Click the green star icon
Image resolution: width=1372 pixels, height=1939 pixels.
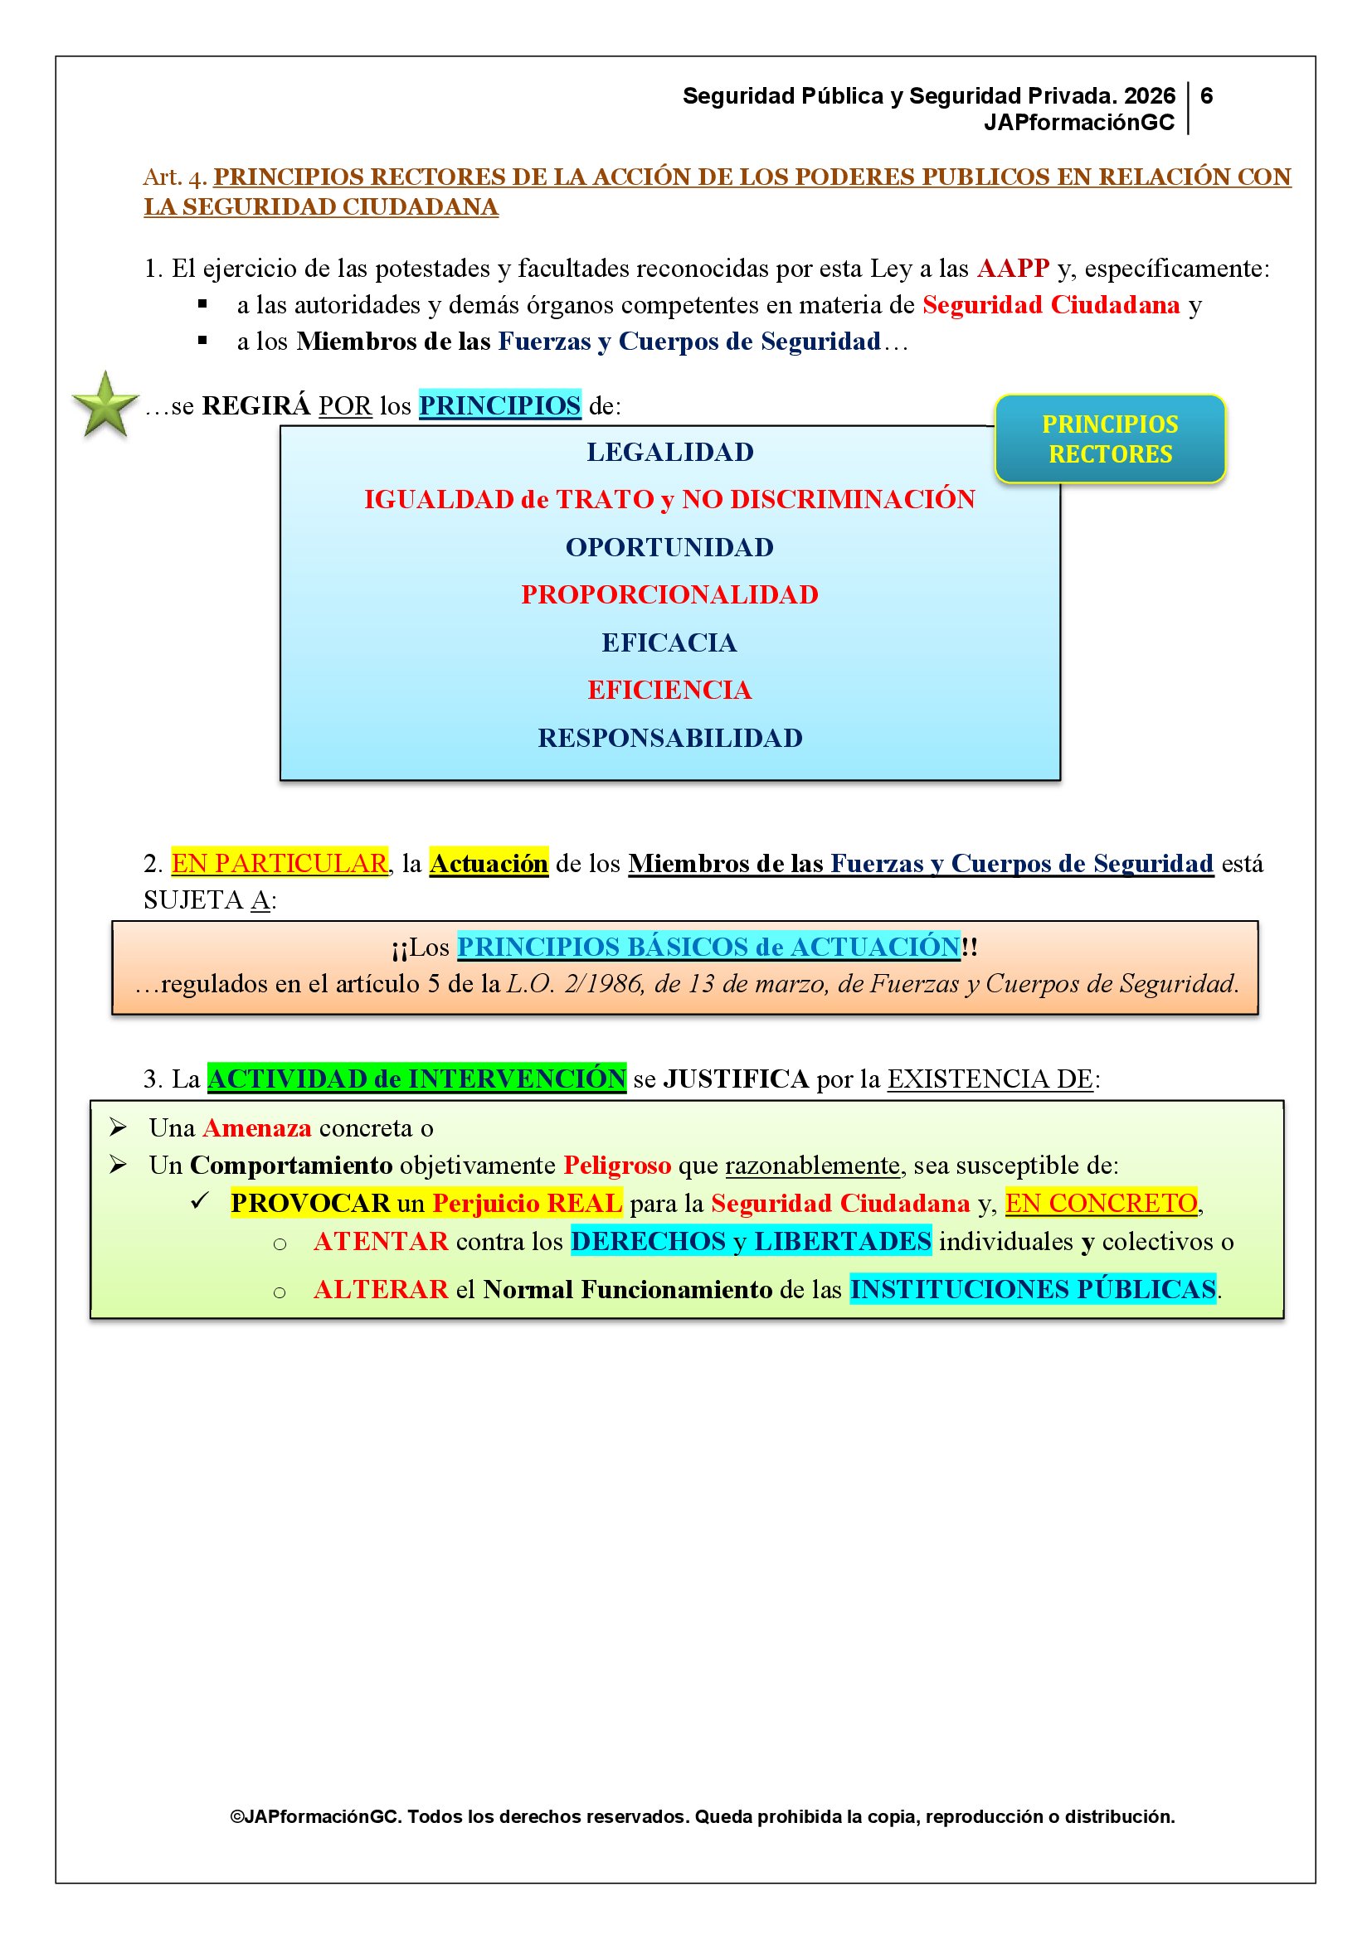point(105,405)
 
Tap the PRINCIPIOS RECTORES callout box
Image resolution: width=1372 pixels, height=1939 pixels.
point(1109,439)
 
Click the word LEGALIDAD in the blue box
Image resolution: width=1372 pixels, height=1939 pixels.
point(670,453)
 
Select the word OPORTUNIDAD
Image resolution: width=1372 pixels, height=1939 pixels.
point(669,548)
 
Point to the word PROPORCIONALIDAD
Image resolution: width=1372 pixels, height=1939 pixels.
point(669,595)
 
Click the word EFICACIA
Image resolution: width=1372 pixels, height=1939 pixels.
point(669,643)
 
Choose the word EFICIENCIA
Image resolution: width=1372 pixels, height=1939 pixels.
point(669,691)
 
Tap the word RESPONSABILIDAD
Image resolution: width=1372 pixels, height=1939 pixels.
point(670,739)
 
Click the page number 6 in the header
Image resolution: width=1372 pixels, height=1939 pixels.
point(1206,96)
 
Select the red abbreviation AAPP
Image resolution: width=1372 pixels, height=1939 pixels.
point(1013,269)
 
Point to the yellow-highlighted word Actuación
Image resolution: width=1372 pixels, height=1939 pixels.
point(489,864)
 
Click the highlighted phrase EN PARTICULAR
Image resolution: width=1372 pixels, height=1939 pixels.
point(280,864)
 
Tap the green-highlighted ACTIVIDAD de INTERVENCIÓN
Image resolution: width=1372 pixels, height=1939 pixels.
point(416,1079)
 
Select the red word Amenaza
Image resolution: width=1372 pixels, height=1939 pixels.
point(257,1128)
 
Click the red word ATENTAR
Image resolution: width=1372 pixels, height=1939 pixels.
point(380,1243)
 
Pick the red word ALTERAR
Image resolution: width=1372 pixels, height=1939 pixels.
point(380,1291)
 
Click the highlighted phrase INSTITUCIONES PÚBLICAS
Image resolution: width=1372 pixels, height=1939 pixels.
point(1033,1291)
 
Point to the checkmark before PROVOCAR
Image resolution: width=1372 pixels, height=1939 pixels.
point(200,1201)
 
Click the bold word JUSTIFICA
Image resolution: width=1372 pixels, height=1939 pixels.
point(736,1079)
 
